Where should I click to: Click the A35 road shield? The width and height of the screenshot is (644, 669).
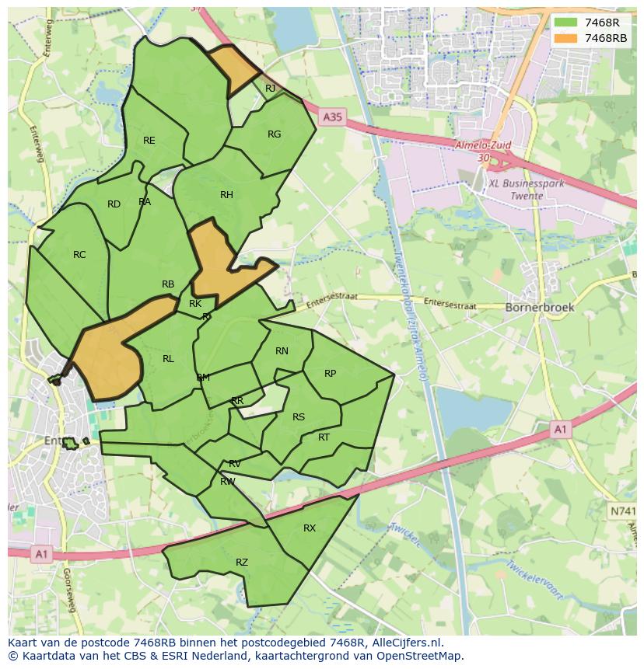click(x=332, y=117)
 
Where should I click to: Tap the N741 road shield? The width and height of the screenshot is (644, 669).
click(x=622, y=512)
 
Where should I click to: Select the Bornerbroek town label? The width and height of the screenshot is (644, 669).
click(x=540, y=307)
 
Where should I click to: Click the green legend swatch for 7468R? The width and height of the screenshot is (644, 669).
click(x=565, y=23)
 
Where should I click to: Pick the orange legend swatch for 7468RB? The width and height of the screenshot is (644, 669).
click(x=565, y=38)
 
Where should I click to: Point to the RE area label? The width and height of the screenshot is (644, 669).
click(x=149, y=141)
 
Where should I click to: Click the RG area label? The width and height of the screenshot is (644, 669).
click(x=274, y=134)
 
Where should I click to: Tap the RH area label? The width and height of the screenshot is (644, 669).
click(x=226, y=195)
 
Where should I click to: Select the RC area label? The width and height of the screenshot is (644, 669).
click(x=79, y=255)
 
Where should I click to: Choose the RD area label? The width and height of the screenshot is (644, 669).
click(x=114, y=204)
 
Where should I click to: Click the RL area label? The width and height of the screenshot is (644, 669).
click(x=168, y=359)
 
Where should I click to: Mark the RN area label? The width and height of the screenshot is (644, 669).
click(x=282, y=351)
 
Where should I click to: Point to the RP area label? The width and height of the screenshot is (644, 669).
click(x=330, y=374)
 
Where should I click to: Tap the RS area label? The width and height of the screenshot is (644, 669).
click(x=299, y=417)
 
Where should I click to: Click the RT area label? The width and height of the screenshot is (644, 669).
click(x=324, y=437)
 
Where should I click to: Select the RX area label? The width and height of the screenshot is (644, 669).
click(x=310, y=528)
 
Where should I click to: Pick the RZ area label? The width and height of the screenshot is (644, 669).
click(x=242, y=563)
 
